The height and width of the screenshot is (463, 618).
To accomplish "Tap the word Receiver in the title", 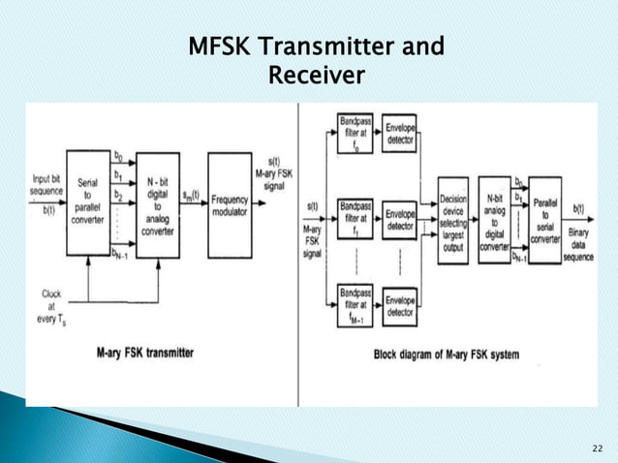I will coord(308,75).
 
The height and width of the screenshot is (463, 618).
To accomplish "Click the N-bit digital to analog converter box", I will coord(157,204).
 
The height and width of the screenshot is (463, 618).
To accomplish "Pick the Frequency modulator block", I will coord(230,204).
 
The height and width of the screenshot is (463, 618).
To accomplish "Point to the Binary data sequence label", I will coord(580,246).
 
